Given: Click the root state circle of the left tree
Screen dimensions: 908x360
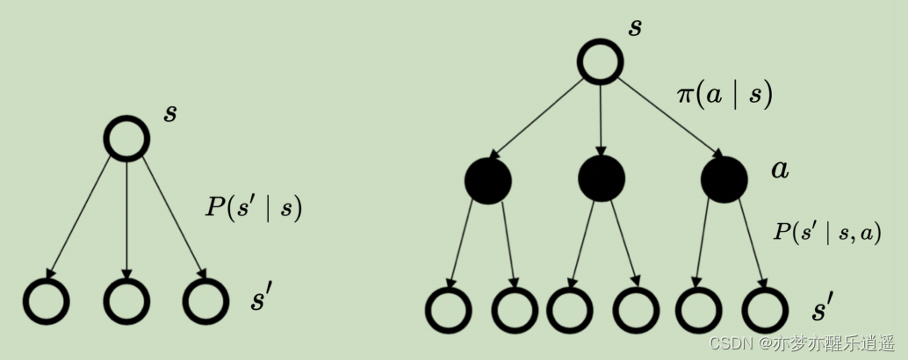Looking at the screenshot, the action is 126,138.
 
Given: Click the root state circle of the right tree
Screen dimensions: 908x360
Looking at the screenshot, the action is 601,62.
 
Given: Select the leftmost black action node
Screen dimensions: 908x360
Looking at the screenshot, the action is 488,181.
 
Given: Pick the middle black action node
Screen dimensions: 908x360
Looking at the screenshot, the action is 602,178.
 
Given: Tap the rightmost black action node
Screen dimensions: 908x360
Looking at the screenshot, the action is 724,179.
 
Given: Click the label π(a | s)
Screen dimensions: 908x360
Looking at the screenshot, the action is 724,93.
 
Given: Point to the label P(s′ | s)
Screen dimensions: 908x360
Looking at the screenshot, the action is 254,208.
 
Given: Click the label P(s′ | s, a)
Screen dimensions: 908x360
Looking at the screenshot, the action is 826,231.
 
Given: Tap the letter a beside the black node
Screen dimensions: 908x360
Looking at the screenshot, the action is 780,169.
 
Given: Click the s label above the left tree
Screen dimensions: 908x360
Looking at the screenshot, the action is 170,113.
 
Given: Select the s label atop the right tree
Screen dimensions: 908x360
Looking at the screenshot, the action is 635,26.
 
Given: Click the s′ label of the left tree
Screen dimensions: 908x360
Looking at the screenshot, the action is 263,299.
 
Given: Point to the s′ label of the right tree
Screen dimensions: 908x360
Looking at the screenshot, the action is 823,309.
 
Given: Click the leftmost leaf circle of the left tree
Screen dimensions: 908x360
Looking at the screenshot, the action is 46,301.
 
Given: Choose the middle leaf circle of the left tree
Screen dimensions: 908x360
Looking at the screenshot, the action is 126,301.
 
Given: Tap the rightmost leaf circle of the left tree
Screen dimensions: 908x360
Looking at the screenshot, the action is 206,301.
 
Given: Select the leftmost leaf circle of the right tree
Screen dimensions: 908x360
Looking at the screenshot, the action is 449,310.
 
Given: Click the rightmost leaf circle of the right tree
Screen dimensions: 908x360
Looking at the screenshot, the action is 765,310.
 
